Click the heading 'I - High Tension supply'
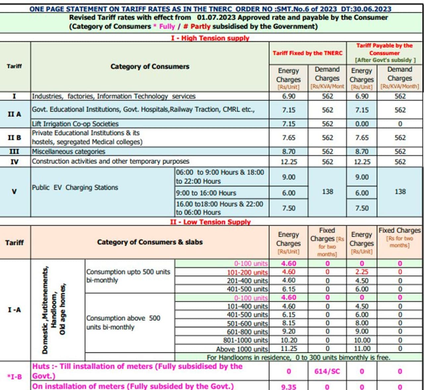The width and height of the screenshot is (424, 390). pos(210,38)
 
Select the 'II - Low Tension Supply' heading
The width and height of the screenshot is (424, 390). pos(210,222)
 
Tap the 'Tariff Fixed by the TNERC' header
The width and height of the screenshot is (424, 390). pos(307,53)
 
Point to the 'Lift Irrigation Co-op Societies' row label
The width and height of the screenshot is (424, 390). pos(75,124)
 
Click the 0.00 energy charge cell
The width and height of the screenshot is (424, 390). pos(362,124)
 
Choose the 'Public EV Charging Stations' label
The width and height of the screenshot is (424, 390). pos(75,187)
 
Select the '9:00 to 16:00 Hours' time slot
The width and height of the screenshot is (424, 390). pos(206,193)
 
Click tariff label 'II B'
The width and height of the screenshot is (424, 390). pos(14,137)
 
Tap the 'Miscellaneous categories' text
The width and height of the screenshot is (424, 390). pos(69,152)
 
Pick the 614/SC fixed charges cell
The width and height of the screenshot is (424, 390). pos(327,371)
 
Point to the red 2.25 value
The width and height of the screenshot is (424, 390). pos(362,272)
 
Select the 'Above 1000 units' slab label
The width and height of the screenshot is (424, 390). pos(242,349)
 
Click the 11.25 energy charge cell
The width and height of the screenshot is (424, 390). pos(289,349)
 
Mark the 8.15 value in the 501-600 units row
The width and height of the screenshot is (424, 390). pos(289,323)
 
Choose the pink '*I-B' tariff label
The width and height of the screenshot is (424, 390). pos(14,376)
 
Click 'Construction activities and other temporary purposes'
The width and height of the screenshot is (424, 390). pos(111,162)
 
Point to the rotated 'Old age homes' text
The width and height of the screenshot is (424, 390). pos(63,309)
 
